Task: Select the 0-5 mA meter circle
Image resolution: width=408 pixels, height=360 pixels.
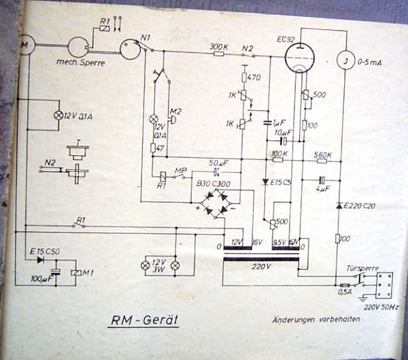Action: pyautogui.click(x=346, y=63)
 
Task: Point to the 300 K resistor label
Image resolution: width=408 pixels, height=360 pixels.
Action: pyautogui.click(x=218, y=46)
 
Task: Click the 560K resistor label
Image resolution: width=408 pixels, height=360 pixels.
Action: pyautogui.click(x=322, y=155)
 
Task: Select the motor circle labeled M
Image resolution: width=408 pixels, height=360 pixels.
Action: pyautogui.click(x=24, y=46)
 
